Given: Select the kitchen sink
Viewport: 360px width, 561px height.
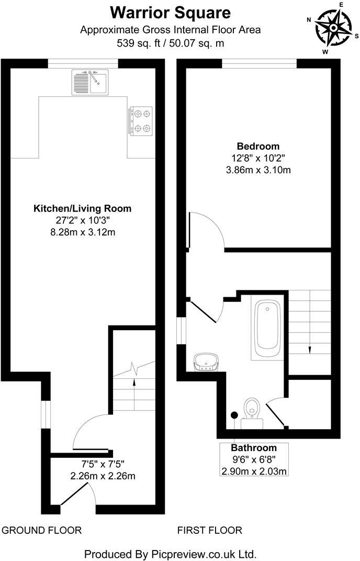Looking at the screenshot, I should [89, 82].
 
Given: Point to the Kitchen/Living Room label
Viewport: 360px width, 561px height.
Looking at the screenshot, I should [83, 208].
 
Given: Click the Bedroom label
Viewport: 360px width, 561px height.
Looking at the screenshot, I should [258, 146].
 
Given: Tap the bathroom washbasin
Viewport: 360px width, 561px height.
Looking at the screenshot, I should [206, 361].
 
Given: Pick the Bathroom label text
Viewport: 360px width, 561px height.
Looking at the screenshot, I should [254, 448].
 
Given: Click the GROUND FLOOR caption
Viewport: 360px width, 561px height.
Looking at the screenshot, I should [42, 530].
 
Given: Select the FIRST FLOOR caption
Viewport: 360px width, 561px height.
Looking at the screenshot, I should [210, 530].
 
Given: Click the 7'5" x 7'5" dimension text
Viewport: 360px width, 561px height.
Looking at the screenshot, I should [103, 464].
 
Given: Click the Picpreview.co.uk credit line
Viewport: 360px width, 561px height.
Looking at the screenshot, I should [170, 554].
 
